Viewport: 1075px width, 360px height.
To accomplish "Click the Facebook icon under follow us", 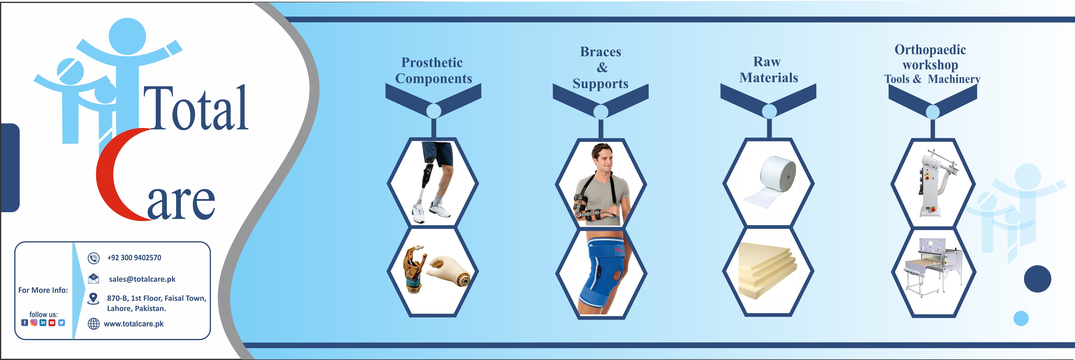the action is (25, 322).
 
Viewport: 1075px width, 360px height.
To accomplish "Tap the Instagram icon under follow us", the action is (34, 322).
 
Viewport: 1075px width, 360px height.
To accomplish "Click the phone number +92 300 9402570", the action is (134, 258).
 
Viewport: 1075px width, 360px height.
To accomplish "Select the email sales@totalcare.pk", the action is (142, 279).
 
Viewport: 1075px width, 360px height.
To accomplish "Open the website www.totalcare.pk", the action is (134, 324).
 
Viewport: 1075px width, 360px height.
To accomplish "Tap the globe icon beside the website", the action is (93, 324).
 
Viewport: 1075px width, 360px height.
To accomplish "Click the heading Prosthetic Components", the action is (433, 70).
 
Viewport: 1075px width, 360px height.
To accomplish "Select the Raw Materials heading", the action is (768, 70).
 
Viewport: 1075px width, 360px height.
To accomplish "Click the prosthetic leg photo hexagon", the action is (433, 183).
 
